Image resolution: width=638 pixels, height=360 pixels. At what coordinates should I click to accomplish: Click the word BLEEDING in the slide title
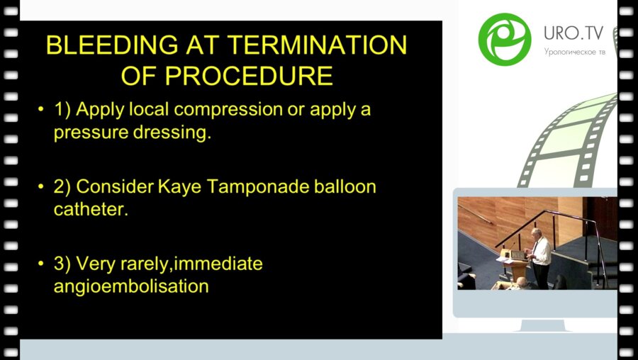coord(112,45)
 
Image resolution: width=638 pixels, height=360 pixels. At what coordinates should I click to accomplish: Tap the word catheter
coord(91,210)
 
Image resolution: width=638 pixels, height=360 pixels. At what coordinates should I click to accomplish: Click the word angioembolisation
coord(131,287)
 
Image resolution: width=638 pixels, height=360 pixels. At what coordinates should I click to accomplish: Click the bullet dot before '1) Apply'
coord(40,110)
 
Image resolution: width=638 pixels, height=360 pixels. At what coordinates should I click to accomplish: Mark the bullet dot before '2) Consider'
coord(40,187)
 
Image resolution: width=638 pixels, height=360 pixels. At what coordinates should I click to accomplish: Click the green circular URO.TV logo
coord(505,39)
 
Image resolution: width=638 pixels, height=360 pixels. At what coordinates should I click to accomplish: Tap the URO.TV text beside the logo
coord(573,33)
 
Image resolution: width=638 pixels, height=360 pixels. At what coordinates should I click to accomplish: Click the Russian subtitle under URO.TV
coord(574,52)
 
